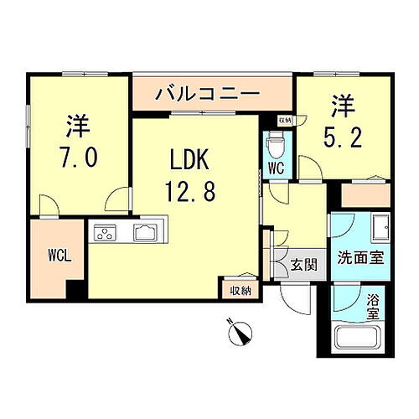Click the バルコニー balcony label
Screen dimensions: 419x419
pos(204,93)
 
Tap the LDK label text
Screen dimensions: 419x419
pos(196,160)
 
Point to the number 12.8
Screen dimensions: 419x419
pos(196,191)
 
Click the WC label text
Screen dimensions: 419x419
pos(276,168)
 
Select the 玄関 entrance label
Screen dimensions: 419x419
pos(303,266)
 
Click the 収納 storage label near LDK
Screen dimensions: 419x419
pos(241,291)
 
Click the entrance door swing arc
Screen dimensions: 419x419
pos(293,298)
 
